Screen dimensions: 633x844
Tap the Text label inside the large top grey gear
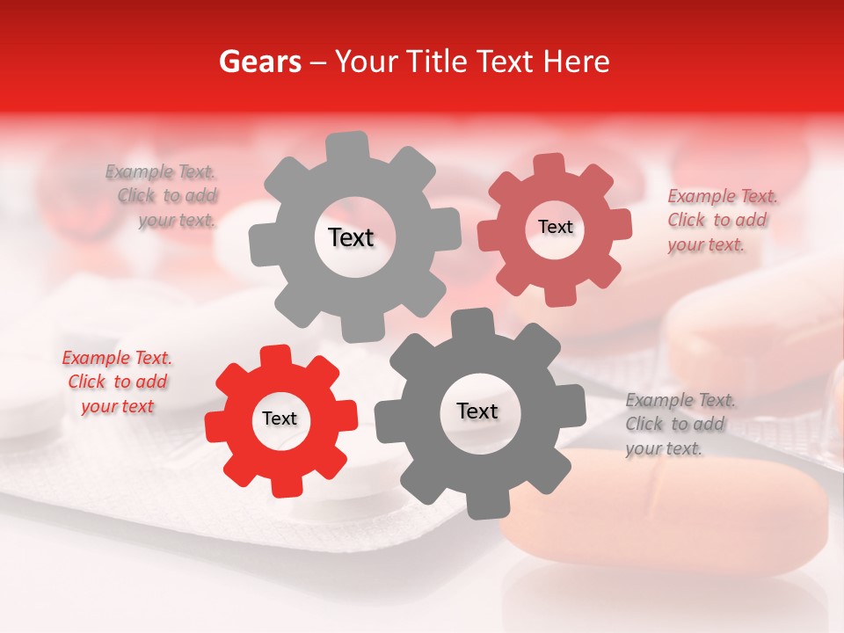point(351,237)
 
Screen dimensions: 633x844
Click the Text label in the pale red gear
point(555,227)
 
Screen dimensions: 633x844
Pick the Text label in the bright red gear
point(280,418)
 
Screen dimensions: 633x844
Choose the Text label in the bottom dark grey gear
point(477,411)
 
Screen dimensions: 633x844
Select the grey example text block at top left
point(163,196)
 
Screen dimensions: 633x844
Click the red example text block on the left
point(118,382)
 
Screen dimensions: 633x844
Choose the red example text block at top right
point(721,220)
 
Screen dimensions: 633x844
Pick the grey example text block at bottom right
point(680,424)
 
